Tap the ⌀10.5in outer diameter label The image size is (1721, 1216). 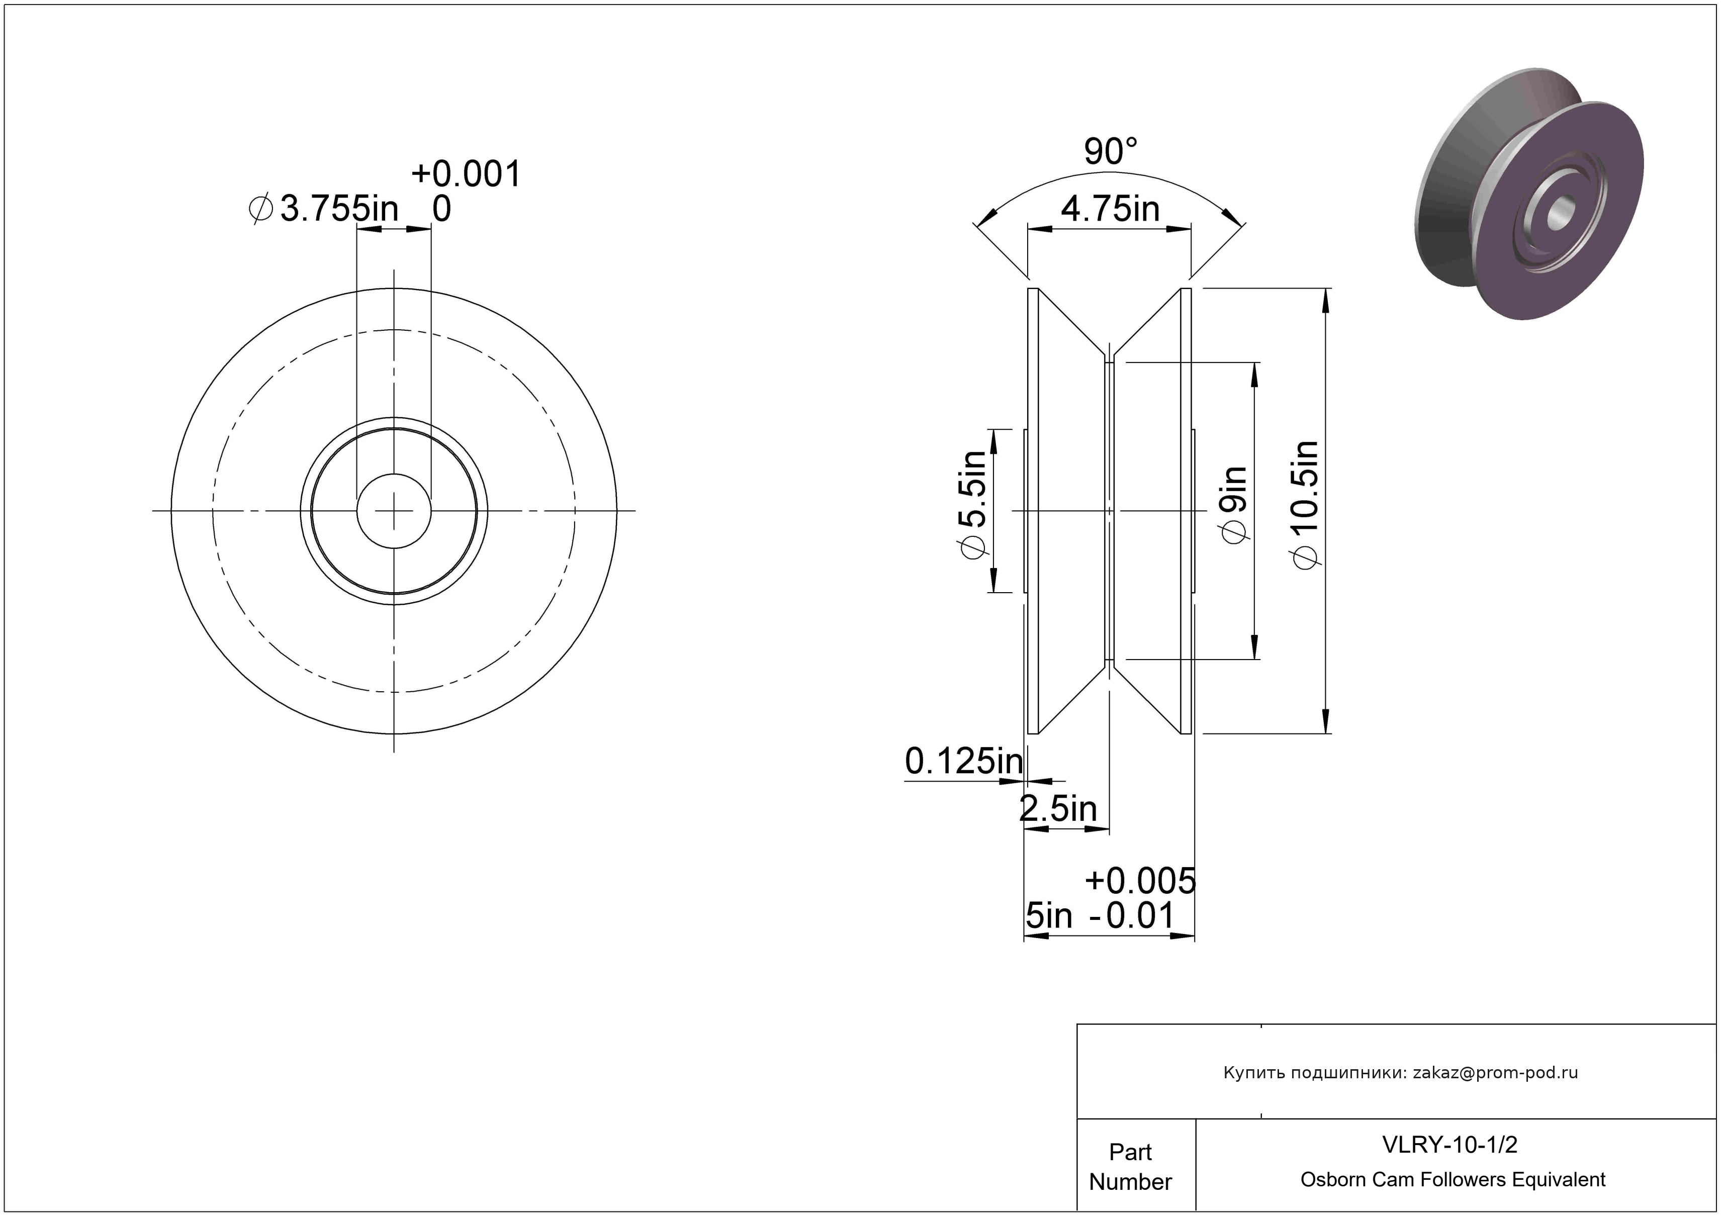[1305, 505]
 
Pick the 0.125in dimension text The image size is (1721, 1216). [964, 761]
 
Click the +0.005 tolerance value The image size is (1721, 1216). [1140, 881]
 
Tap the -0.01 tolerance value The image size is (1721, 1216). [1131, 915]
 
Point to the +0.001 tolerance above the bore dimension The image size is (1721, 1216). [466, 174]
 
